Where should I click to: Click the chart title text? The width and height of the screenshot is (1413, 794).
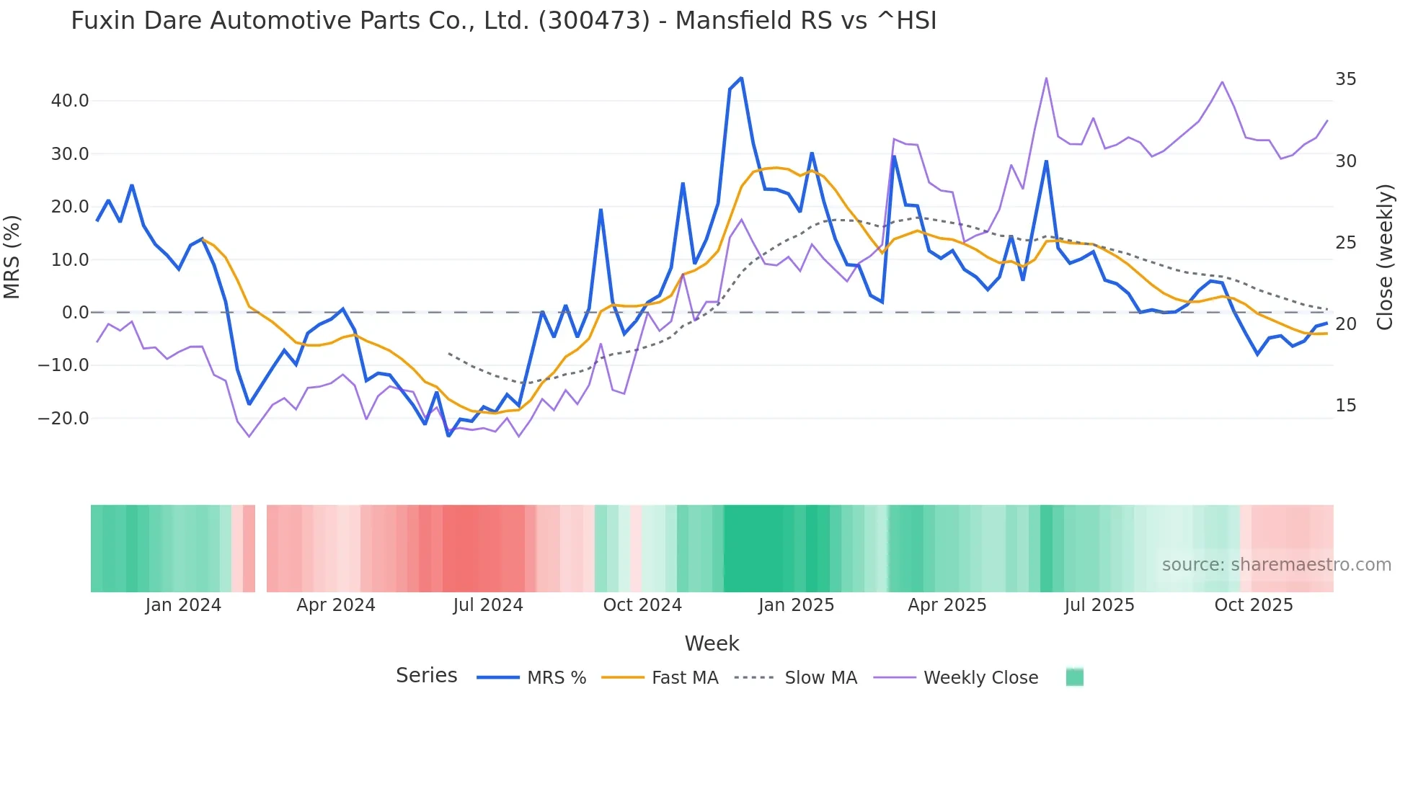[x=503, y=21]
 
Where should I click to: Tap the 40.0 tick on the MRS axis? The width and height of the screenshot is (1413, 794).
[x=70, y=101]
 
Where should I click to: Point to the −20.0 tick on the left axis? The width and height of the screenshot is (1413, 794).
[x=63, y=419]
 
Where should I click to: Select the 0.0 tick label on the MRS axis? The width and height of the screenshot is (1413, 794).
[x=75, y=313]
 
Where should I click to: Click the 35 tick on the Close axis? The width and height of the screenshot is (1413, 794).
[x=1345, y=79]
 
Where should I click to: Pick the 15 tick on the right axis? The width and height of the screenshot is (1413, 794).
[x=1345, y=406]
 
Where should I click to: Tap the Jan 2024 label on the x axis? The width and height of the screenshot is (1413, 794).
[x=183, y=605]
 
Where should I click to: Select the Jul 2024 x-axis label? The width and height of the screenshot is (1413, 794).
[x=488, y=605]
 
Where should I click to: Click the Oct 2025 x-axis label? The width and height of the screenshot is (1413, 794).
[x=1254, y=605]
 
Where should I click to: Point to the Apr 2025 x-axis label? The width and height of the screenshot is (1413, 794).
[x=947, y=605]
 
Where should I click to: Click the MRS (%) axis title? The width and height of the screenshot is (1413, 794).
[x=12, y=257]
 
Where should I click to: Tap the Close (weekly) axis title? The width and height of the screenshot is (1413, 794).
[x=1384, y=257]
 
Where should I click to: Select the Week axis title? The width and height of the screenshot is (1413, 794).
[x=712, y=643]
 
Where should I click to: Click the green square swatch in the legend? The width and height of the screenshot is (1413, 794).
[x=1075, y=677]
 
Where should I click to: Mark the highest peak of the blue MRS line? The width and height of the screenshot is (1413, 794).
[x=741, y=78]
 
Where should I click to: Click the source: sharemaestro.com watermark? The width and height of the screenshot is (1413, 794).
[x=1276, y=565]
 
